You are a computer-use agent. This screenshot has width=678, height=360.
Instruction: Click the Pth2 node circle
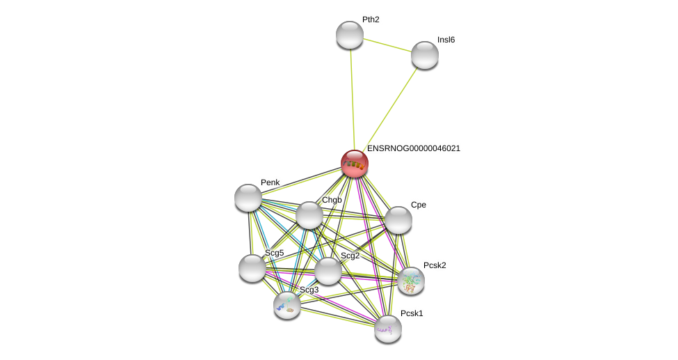tap(350, 35)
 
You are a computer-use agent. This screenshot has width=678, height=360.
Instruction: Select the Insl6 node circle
tap(425, 55)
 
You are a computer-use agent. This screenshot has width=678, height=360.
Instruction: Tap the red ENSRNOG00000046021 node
tap(355, 164)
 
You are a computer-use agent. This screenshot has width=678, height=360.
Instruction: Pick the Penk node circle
tap(248, 198)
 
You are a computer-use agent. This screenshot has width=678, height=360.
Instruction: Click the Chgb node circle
tap(309, 215)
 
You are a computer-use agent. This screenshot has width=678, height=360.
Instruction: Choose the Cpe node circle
tap(398, 220)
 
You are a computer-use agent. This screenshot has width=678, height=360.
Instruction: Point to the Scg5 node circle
tap(252, 268)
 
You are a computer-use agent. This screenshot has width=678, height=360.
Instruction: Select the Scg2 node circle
tap(328, 271)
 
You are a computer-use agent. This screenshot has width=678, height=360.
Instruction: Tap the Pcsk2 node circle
tap(411, 281)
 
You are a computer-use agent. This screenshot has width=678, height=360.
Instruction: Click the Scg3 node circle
tap(287, 305)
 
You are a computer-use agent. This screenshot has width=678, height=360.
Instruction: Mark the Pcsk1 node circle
tap(388, 329)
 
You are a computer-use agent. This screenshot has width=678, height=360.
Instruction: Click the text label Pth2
tap(371, 19)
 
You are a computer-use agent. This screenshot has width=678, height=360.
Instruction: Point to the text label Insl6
tap(446, 40)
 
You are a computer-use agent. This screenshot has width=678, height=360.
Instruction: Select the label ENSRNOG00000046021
tap(413, 148)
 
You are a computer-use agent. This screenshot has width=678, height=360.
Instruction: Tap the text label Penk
tap(270, 182)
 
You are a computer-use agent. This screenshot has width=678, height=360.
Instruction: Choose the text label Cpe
tap(418, 205)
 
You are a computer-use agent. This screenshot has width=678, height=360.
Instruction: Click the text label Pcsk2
tap(435, 265)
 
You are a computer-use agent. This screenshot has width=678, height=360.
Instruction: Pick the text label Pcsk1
tap(411, 313)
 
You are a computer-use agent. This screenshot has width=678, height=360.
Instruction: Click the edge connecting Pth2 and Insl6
tap(387, 45)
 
